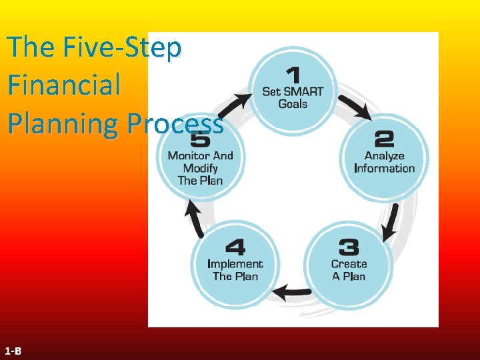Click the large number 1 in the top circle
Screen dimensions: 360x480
(x=292, y=75)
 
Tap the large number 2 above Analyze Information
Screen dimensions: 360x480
(x=385, y=139)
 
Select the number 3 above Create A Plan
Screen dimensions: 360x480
(x=349, y=248)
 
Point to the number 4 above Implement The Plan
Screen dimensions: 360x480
(x=235, y=248)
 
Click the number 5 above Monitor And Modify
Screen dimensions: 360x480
(x=200, y=140)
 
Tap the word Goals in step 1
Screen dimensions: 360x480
(x=293, y=104)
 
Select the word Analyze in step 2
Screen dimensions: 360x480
(x=385, y=156)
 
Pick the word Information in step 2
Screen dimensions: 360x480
(x=385, y=168)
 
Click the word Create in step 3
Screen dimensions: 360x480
(x=349, y=264)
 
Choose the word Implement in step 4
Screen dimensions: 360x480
(x=235, y=264)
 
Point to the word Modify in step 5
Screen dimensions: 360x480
(x=200, y=168)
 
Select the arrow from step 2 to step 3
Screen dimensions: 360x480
(x=391, y=221)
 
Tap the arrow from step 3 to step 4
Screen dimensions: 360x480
(x=292, y=291)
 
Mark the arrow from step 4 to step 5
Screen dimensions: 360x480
(x=195, y=219)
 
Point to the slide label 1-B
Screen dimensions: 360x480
(x=13, y=351)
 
